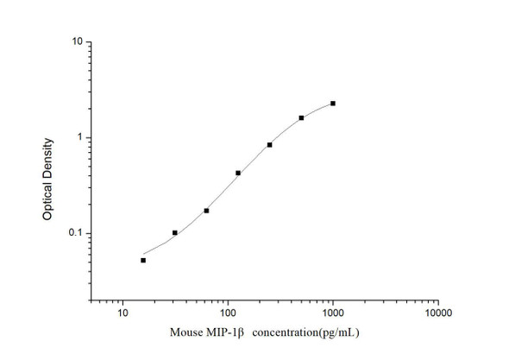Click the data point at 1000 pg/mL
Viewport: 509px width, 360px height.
click(x=333, y=104)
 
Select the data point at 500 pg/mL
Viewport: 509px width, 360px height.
click(x=301, y=117)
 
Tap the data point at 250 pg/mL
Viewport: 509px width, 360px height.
click(x=269, y=145)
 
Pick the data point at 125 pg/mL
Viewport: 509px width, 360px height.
click(x=238, y=173)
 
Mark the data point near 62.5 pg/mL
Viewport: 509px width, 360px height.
click(x=206, y=211)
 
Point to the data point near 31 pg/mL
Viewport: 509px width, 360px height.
click(x=175, y=233)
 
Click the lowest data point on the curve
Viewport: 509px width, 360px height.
click(x=143, y=260)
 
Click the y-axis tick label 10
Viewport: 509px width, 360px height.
click(x=77, y=41)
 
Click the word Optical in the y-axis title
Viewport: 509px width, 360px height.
click(x=47, y=197)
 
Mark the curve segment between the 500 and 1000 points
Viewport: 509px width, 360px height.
click(x=317, y=109)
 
